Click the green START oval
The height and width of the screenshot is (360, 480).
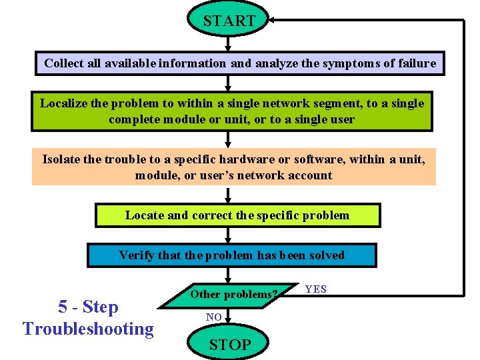(229, 21)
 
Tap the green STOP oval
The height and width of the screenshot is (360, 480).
(229, 344)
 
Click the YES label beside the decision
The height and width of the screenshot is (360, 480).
(315, 289)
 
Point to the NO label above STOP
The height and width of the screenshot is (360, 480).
(213, 317)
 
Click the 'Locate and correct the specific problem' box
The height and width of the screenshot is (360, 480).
(237, 215)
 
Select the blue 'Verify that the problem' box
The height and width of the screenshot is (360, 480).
(231, 255)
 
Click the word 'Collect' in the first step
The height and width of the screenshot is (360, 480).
(65, 63)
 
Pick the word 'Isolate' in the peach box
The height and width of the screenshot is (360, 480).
(63, 159)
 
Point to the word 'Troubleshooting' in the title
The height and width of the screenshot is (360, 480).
(88, 329)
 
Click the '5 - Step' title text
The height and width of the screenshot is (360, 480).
(88, 307)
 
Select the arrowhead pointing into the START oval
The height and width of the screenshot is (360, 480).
(274, 20)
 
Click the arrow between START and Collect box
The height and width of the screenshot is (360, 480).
(229, 45)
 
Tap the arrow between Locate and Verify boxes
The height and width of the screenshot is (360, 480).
(229, 235)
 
